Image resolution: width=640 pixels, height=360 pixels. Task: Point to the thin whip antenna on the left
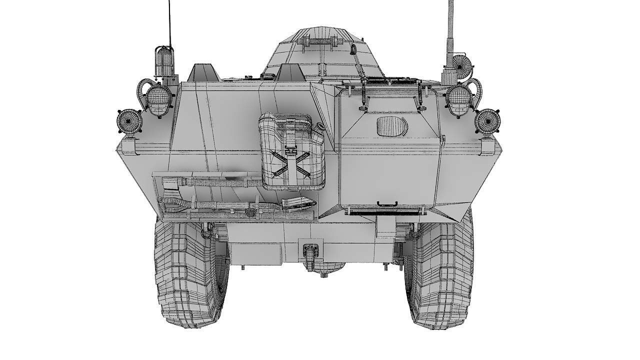170,22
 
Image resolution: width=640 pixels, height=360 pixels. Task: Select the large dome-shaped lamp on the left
157,97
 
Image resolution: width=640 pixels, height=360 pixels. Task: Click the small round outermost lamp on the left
129,121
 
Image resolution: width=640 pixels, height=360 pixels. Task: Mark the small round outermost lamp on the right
486,121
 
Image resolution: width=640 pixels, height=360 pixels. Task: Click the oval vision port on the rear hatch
390,125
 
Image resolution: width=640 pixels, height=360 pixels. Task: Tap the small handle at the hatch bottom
387,203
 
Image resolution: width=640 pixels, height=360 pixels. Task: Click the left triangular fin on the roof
204,73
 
